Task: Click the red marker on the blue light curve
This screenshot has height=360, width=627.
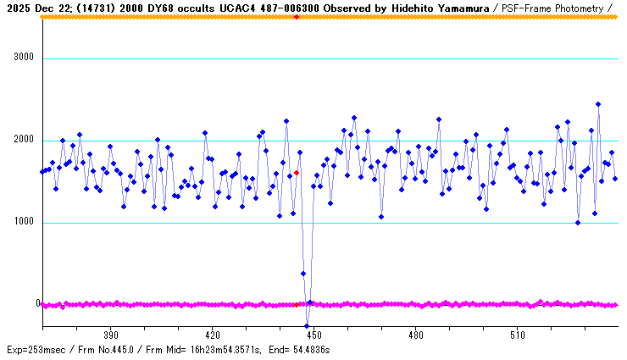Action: click(297, 173)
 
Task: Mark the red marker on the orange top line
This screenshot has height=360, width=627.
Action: click(297, 17)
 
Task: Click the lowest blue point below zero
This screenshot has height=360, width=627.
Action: click(307, 325)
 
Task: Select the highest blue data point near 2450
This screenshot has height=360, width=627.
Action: click(598, 104)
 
